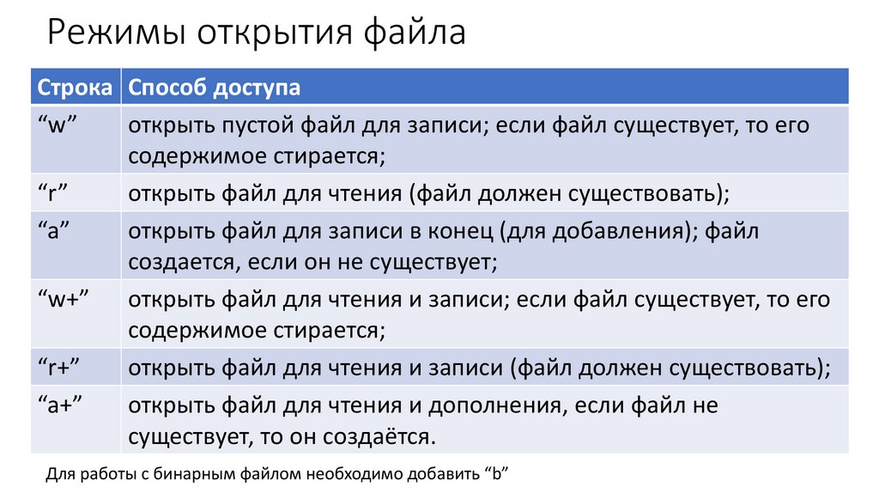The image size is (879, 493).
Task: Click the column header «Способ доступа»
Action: pos(215,88)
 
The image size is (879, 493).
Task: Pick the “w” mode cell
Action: pos(59,125)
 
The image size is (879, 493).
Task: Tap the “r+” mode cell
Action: pos(59,368)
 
